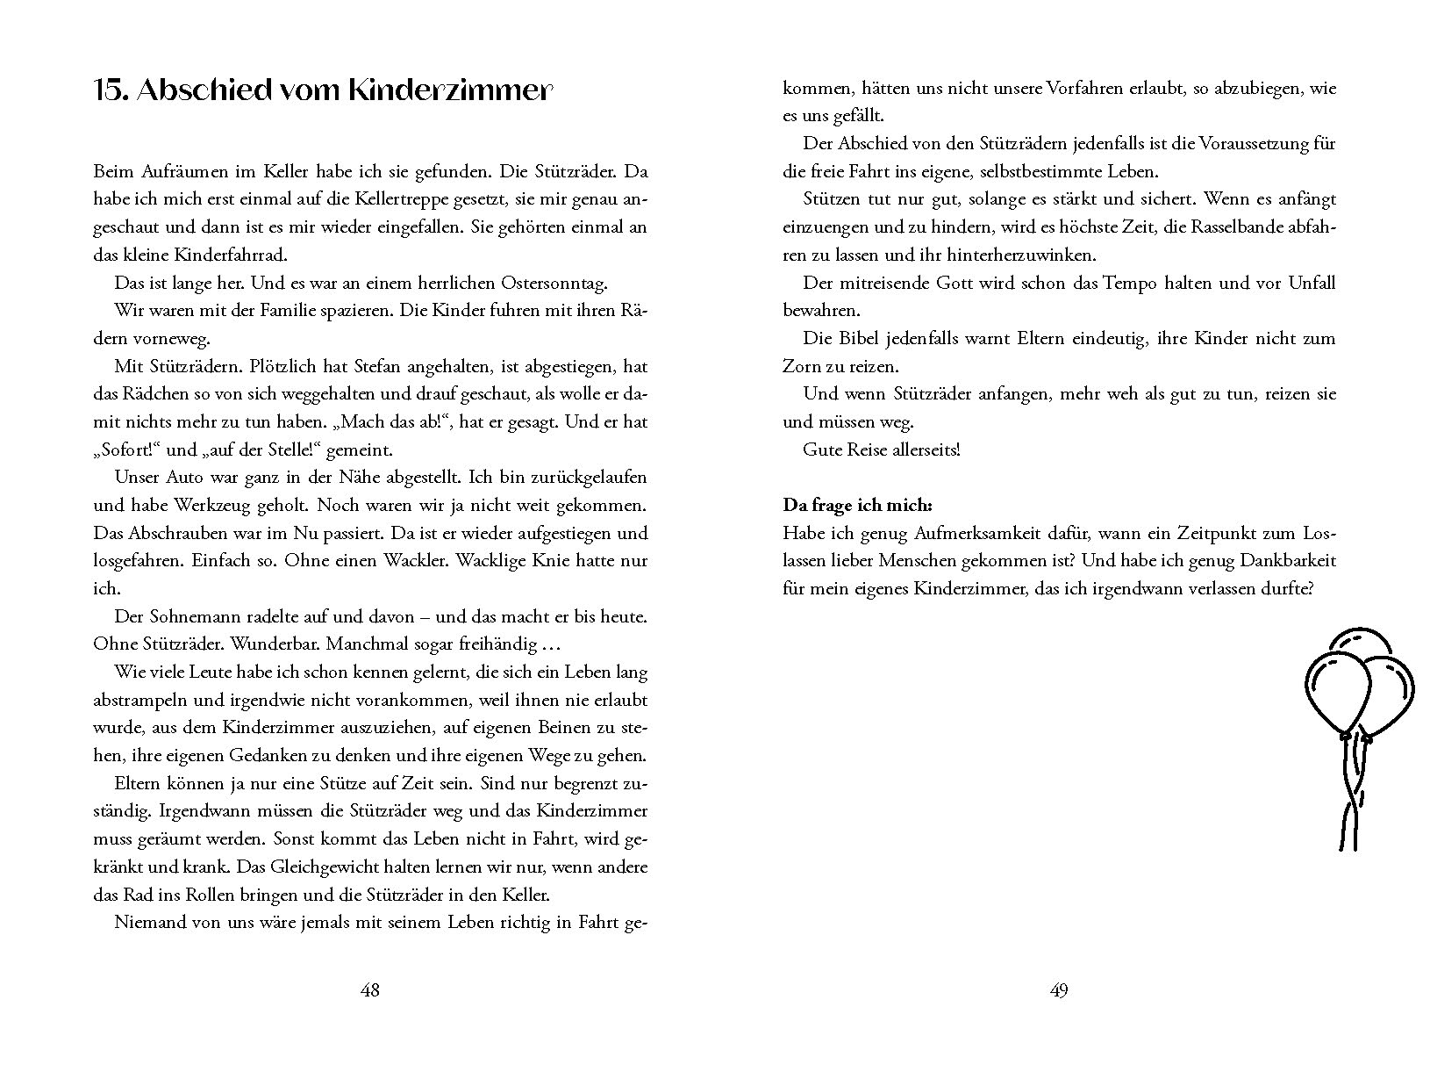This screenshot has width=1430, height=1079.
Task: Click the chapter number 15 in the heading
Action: pyautogui.click(x=111, y=91)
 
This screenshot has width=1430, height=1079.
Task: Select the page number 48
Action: pyautogui.click(x=370, y=990)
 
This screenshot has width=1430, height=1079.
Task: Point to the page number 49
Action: pyautogui.click(x=1059, y=990)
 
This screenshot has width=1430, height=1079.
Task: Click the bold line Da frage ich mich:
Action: pyautogui.click(x=857, y=506)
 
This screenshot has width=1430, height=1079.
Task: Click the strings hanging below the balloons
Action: pyautogui.click(x=1351, y=799)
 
